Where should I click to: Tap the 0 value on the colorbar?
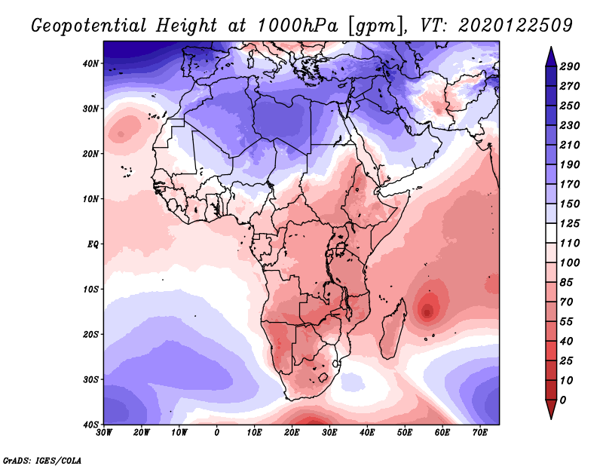564,399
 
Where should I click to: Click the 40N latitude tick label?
90,63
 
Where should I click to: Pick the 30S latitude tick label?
90,379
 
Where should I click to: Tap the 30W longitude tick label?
104,433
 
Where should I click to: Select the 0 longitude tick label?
217,433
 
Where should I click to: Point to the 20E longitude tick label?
292,433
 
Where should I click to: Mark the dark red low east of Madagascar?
427,309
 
